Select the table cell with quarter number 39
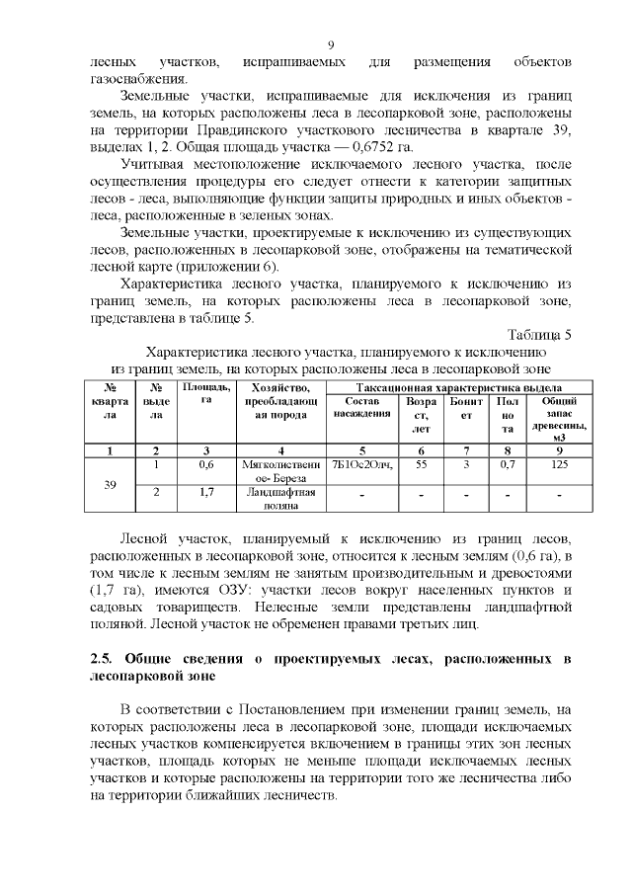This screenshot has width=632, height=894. pos(111,485)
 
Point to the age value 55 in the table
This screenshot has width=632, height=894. pos(421,462)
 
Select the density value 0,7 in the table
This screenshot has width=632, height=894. pos(507,462)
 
